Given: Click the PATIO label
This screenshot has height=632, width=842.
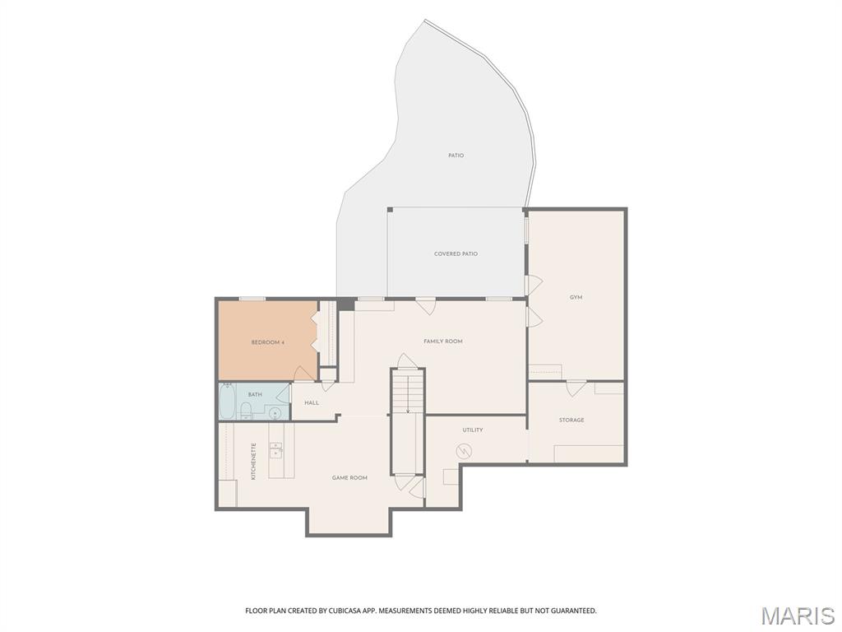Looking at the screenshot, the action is coord(456,156).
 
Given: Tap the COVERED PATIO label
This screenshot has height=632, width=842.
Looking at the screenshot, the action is coord(456,253).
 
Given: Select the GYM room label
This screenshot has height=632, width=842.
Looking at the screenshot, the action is coord(576,297).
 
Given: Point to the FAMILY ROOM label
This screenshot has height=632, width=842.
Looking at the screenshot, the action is coord(443,342).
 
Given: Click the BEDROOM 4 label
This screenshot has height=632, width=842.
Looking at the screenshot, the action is coord(267,342).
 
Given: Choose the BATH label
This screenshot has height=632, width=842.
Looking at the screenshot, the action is coord(255,394).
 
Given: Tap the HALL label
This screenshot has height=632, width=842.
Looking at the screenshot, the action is coord(312,402).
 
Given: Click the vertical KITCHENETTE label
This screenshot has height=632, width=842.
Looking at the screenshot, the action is coord(253,461).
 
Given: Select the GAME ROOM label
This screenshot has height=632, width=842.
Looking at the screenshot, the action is coord(349,478).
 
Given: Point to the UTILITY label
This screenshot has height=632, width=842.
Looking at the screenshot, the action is coord(473,430).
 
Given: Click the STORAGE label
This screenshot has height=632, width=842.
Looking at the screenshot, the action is coord(571,421).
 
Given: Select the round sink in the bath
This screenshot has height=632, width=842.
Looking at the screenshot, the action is coord(275,413).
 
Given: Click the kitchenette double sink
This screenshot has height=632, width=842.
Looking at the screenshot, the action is coord(276,450).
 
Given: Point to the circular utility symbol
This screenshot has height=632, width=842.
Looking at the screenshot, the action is coord(464,451).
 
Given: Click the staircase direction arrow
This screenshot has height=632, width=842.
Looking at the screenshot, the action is coord(408,394).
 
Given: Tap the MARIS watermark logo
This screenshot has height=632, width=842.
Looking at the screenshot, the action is coord(798,616).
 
